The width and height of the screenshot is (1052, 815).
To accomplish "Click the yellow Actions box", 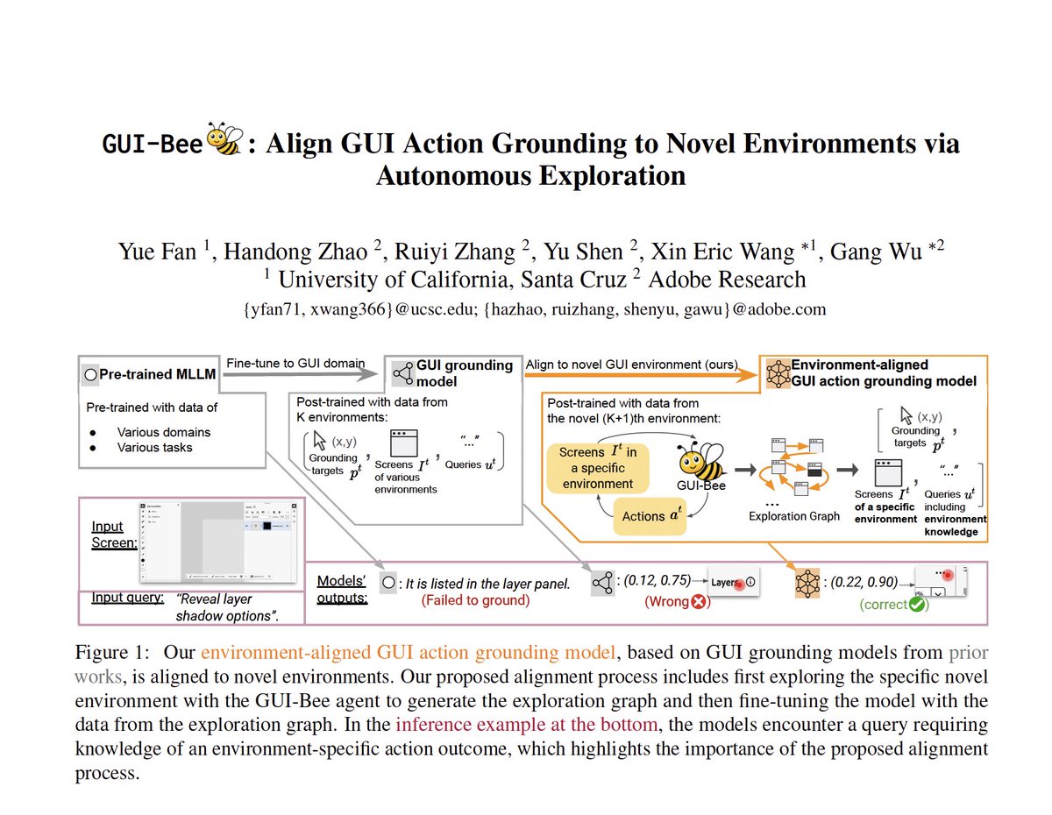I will click(649, 516).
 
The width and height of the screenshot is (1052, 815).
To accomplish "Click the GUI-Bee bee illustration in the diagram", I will click(700, 458).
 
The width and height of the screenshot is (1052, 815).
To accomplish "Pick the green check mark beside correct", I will click(918, 605).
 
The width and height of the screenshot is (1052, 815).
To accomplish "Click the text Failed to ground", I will click(475, 600).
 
